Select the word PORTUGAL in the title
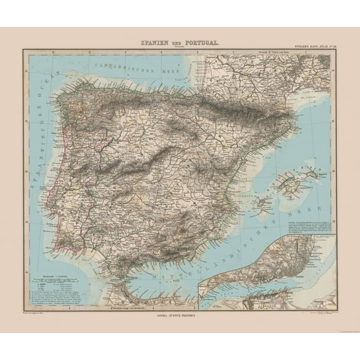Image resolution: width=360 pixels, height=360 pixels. click(199, 42)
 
